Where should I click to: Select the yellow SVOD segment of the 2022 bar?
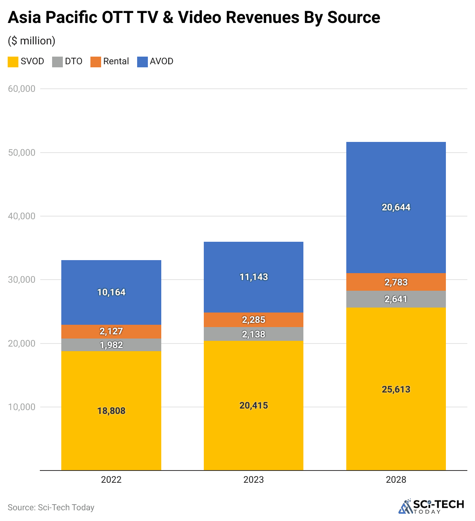click(x=111, y=383)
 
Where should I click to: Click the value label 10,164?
click(x=111, y=292)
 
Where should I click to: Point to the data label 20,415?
click(x=254, y=405)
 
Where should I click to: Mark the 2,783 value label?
click(x=396, y=282)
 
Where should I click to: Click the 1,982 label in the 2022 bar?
click(x=111, y=345)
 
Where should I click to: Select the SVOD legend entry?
click(x=26, y=62)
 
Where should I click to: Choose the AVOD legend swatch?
click(x=142, y=62)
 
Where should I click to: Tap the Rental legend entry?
click(x=110, y=62)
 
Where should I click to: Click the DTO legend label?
click(x=74, y=62)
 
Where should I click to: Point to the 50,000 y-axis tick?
click(x=21, y=153)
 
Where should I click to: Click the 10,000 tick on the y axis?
click(x=21, y=407)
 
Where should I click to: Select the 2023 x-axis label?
click(x=254, y=480)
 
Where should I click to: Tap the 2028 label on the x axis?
click(x=396, y=480)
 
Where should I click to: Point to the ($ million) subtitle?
click(x=31, y=41)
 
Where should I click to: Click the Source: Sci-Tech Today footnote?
click(x=51, y=508)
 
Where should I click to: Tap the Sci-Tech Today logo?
click(x=431, y=506)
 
